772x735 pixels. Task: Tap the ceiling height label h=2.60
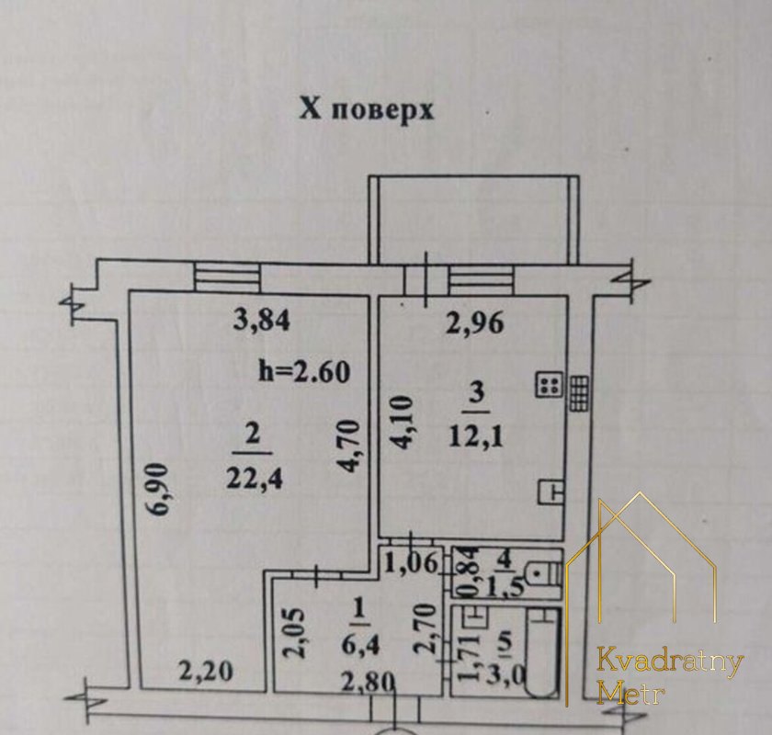coord(304,372)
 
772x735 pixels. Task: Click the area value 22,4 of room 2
coord(255,478)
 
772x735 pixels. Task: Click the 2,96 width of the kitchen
coord(475,324)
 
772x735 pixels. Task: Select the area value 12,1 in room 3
coord(476,436)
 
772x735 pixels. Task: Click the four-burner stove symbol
coord(549,384)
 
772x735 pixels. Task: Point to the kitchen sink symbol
coord(551,492)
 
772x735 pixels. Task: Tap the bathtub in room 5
coord(541,651)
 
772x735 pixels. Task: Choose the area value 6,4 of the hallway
coord(361,645)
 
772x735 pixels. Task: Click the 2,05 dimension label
coord(297,633)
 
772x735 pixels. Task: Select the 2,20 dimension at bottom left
coord(205,671)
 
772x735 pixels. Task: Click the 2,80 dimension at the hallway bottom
coord(369,682)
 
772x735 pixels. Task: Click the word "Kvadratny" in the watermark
coord(670,662)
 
